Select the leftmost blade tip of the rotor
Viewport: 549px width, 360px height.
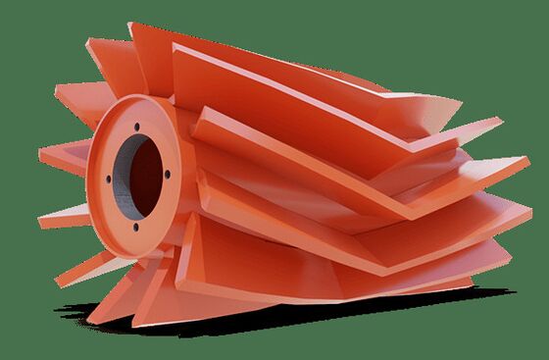pos(41,155)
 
